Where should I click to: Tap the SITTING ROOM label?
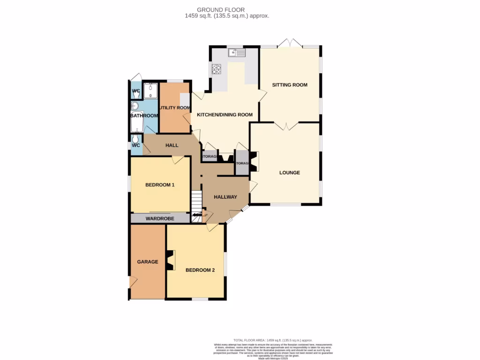pyautogui.click(x=290, y=85)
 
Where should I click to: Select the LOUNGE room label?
pyautogui.click(x=289, y=172)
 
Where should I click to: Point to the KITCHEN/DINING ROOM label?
pyautogui.click(x=225, y=115)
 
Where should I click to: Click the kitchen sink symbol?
pyautogui.click(x=237, y=53)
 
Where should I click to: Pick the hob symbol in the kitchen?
pyautogui.click(x=217, y=69)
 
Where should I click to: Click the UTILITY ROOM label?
pyautogui.click(x=174, y=108)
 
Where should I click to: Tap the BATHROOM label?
pyautogui.click(x=144, y=116)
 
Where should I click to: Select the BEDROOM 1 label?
pyautogui.click(x=160, y=185)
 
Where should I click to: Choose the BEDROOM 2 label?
pyautogui.click(x=200, y=270)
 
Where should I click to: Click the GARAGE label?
pyautogui.click(x=147, y=262)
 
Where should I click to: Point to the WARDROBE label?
pyautogui.click(x=160, y=218)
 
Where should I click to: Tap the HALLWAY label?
pyautogui.click(x=225, y=197)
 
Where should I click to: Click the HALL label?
pyautogui.click(x=172, y=145)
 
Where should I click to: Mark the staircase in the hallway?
pyautogui.click(x=197, y=202)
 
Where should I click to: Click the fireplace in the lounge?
pyautogui.click(x=254, y=161)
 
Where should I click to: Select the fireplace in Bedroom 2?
pyautogui.click(x=170, y=261)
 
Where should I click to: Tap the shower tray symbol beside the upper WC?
pyautogui.click(x=150, y=90)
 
